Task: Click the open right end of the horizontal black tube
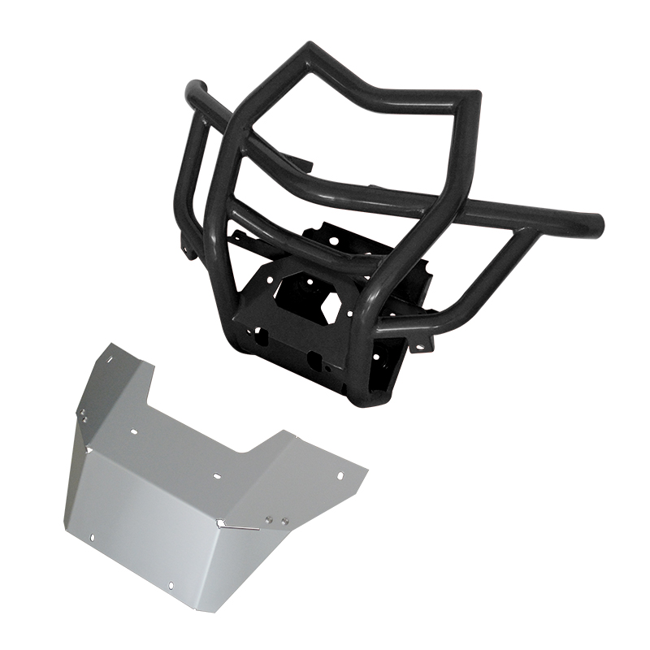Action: (598, 222)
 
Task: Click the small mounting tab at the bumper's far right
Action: (422, 346)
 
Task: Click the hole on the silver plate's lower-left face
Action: (93, 537)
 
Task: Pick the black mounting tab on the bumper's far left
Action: (188, 251)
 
